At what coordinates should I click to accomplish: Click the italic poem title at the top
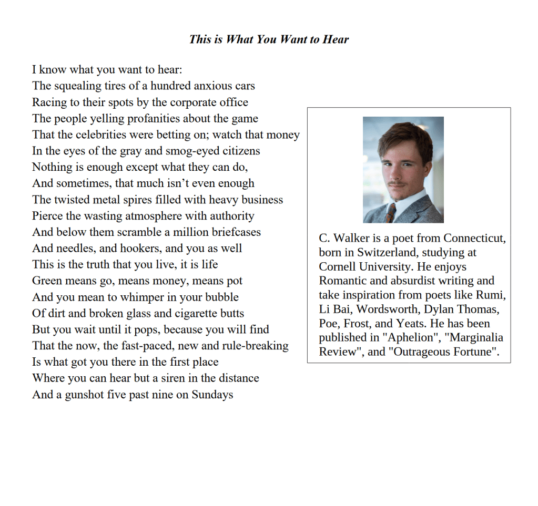(269, 39)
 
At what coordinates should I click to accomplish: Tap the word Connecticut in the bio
(474, 238)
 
